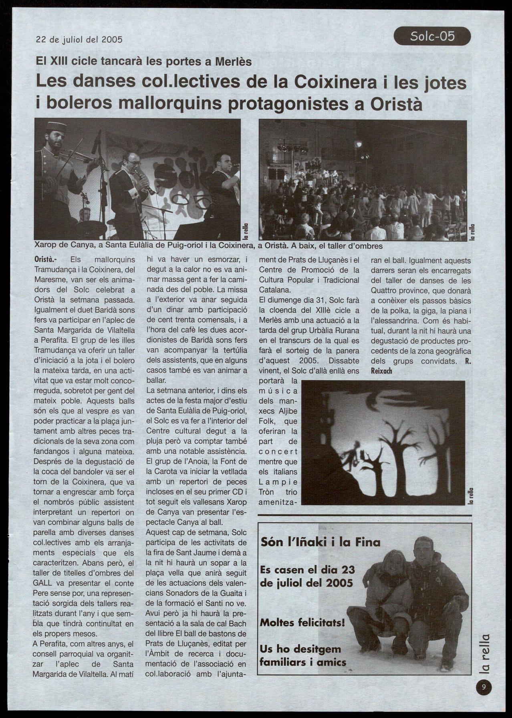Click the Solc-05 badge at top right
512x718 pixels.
(x=432, y=36)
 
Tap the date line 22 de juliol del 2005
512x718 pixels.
(x=79, y=40)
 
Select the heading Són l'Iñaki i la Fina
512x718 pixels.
(x=320, y=542)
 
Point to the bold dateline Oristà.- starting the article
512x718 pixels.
(x=48, y=260)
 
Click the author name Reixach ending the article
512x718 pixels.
(x=381, y=371)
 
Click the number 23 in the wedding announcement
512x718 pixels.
(x=346, y=569)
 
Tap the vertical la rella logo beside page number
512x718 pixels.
(x=485, y=653)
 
